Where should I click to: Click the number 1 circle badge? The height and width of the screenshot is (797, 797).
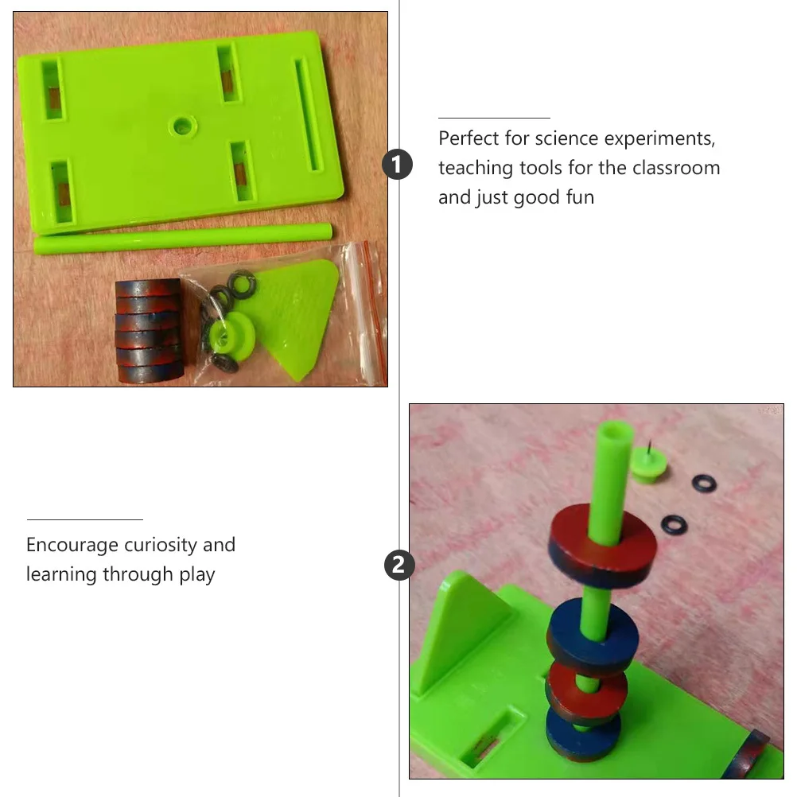click(398, 165)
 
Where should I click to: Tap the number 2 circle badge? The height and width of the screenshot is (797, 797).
click(398, 566)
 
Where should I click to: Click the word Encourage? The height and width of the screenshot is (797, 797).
click(72, 545)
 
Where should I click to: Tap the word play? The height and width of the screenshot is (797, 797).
click(197, 574)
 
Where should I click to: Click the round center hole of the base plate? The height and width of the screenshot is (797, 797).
click(183, 125)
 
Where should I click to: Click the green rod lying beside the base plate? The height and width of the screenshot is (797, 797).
click(183, 239)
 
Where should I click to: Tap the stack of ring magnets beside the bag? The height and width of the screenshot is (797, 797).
click(148, 330)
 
